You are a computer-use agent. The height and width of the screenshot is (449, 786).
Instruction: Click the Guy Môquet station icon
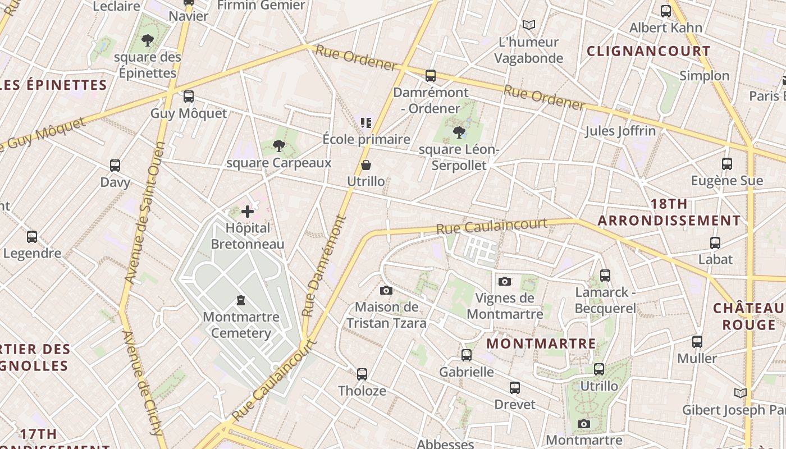(x=189, y=97)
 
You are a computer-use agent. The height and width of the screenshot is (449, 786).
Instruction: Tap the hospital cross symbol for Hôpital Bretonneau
(x=248, y=212)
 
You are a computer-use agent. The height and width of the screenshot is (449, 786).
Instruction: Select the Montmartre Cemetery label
(x=241, y=325)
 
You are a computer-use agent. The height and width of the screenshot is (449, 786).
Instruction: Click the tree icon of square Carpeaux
(x=278, y=146)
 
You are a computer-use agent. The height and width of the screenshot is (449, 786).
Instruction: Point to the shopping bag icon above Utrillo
(x=366, y=165)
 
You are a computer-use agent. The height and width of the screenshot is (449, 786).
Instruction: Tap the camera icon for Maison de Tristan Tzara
(x=386, y=290)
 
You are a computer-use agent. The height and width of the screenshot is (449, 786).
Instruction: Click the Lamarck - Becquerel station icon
(x=605, y=276)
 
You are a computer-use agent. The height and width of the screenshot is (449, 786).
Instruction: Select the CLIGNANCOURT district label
(x=648, y=51)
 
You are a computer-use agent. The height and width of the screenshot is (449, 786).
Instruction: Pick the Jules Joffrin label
(x=620, y=131)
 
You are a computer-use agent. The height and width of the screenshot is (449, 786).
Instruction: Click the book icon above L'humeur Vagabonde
(x=528, y=25)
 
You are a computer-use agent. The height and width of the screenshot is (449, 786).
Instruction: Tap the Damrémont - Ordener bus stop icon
(x=431, y=76)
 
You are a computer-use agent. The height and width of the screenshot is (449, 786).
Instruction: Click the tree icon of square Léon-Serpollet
(x=459, y=132)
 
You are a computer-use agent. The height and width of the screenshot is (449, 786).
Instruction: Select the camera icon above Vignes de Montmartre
(x=504, y=281)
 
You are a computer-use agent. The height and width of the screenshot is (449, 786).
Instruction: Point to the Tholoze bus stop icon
(x=362, y=374)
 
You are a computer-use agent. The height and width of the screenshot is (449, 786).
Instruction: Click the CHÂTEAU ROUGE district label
(x=748, y=317)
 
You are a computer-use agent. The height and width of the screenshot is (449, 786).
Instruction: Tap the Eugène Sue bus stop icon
(x=727, y=164)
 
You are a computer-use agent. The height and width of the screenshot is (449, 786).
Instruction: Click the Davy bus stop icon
(x=115, y=166)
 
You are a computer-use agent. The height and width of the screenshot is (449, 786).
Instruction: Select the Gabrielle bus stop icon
(x=467, y=355)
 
